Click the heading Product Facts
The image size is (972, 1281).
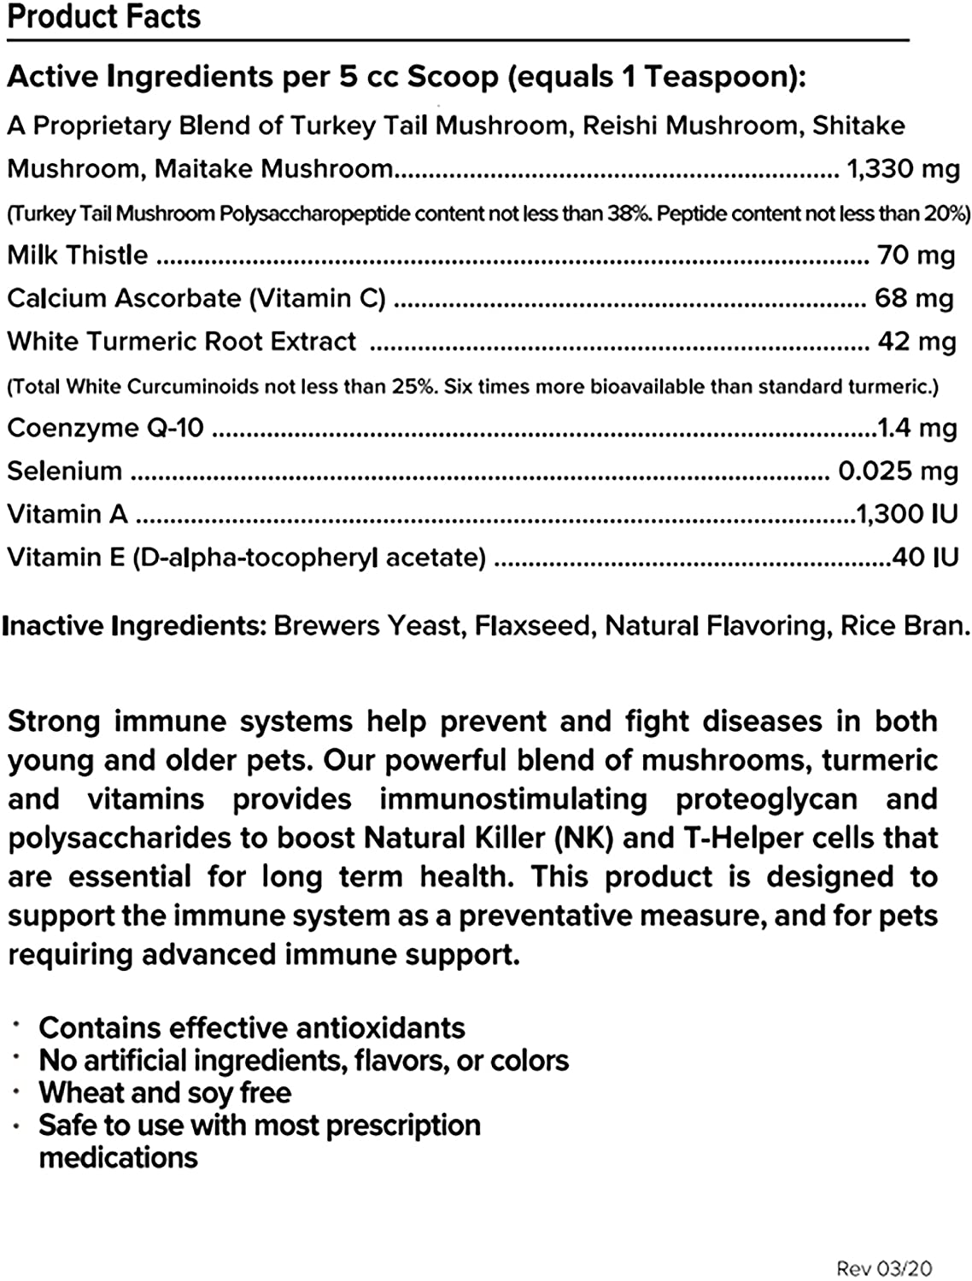click(103, 17)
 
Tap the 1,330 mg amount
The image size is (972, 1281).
click(903, 168)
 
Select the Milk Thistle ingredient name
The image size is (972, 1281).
click(78, 254)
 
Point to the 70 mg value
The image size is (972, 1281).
click(916, 254)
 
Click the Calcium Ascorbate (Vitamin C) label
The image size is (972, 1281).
click(196, 298)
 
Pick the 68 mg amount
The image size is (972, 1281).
click(914, 298)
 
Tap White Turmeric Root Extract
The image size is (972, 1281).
click(181, 342)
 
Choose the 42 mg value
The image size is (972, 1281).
click(916, 342)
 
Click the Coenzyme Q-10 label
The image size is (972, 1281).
click(105, 427)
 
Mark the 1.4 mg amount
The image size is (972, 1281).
click(917, 427)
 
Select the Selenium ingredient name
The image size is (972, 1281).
click(65, 471)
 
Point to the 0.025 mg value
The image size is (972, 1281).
click(898, 471)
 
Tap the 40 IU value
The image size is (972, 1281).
click(925, 557)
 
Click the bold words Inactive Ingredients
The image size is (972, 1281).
click(134, 626)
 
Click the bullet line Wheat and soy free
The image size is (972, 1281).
click(165, 1092)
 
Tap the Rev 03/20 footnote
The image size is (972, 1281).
click(884, 1268)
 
